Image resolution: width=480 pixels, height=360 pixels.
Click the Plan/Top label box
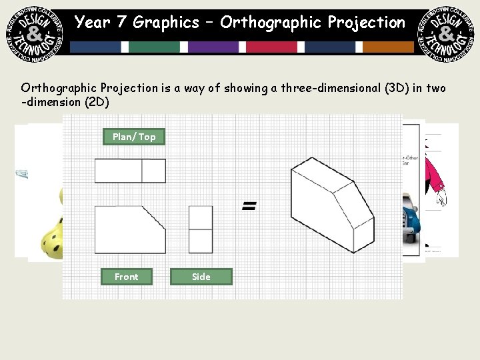tap(134, 137)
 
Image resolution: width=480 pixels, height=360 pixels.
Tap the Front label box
tap(127, 277)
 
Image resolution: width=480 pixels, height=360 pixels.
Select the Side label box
tap(201, 277)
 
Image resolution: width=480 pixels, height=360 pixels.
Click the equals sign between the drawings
tap(249, 207)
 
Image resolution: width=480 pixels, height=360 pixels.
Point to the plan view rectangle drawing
tap(130, 171)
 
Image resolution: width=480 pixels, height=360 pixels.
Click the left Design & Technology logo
tap(32, 32)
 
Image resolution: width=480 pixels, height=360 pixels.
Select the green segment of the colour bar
tap(155, 47)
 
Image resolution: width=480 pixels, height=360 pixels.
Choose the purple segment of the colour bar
tap(213, 47)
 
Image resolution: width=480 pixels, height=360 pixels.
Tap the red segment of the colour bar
tap(272, 47)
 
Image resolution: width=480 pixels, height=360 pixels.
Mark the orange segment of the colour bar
tap(389, 47)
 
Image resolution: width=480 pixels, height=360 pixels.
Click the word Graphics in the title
tap(166, 23)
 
